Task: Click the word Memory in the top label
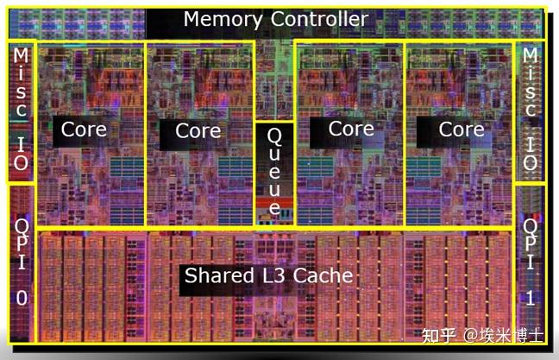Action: point(223,20)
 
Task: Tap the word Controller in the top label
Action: point(319,18)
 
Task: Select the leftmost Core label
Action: point(84,129)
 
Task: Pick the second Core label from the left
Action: point(198,130)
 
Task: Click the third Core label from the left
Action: point(351,129)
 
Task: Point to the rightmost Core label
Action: point(462,129)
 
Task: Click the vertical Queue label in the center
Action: point(274,172)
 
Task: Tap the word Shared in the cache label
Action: point(219,275)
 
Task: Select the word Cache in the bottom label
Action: point(323,275)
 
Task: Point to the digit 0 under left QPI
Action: point(22,298)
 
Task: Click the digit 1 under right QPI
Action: point(531,298)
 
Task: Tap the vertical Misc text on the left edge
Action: point(21,83)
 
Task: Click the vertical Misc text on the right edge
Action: point(531,83)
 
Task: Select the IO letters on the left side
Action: point(21,154)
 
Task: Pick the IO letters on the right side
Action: point(531,154)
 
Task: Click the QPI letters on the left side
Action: point(22,244)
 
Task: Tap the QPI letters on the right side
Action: point(531,244)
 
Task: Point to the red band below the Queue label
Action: point(274,204)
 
